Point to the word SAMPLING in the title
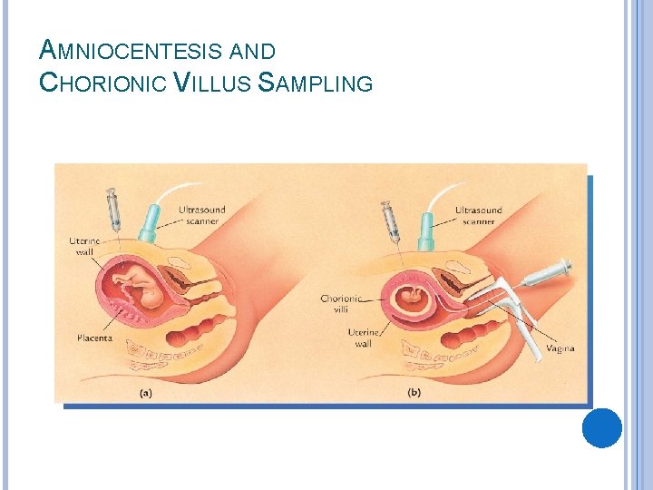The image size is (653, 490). pos(316,83)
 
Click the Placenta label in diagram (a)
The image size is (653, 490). pos(94,338)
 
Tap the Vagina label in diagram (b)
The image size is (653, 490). pos(559,348)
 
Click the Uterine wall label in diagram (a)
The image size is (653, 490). pos(82,246)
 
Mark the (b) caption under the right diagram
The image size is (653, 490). pos(414,393)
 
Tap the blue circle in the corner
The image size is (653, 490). pos(601,427)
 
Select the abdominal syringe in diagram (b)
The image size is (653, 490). pos(391,221)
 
